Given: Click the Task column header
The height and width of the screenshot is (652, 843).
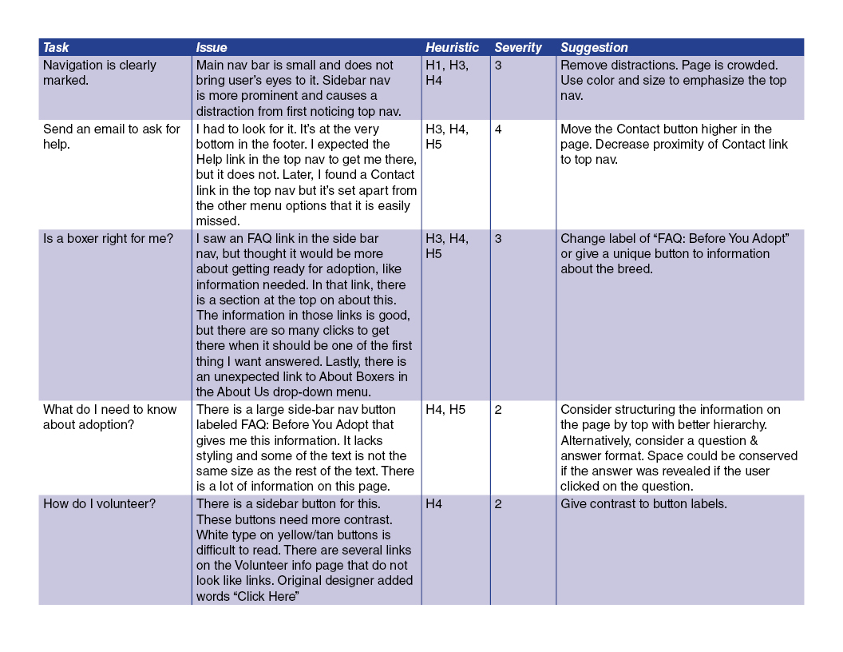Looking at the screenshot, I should [56, 48].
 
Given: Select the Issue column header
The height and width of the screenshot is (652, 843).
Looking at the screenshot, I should [212, 48].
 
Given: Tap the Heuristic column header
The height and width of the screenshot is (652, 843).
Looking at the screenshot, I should [452, 48].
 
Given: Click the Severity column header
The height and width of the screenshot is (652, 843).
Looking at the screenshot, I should [517, 48].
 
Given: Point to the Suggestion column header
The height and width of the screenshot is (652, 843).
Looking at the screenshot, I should [594, 48].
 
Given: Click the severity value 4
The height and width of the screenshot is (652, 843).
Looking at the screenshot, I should [498, 129].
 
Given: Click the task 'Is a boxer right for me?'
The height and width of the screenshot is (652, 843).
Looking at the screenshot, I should [108, 239].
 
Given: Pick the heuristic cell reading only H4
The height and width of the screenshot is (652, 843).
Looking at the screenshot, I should [434, 504].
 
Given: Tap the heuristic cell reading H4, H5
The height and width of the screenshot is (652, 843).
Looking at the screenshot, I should [445, 410].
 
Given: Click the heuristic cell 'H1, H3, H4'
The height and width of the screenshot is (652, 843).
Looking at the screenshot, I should [447, 73].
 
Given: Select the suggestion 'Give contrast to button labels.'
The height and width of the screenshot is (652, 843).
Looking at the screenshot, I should [643, 504].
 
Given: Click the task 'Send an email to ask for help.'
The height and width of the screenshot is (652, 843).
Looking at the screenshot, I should [111, 137].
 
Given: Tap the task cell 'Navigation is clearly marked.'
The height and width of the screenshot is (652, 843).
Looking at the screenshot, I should [99, 73].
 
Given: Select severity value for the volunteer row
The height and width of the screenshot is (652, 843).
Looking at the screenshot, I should [498, 504].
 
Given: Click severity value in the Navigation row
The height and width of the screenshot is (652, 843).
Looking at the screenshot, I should [498, 66].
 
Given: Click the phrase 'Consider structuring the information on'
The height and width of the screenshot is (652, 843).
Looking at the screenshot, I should [671, 410].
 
